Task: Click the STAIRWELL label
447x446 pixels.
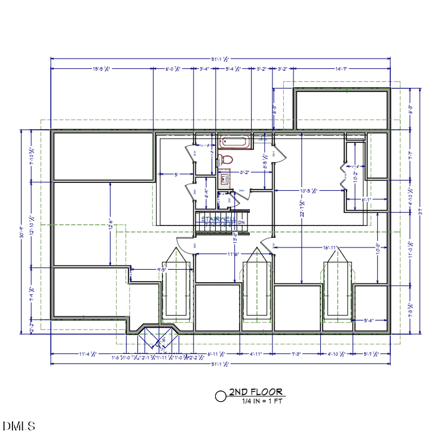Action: (218, 219)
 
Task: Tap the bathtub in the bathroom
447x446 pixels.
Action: (236, 142)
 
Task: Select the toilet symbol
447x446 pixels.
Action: (225, 160)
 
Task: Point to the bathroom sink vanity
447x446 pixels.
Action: (224, 178)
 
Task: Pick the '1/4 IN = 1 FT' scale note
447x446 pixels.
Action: (263, 401)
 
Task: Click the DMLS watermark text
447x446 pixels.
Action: (19, 426)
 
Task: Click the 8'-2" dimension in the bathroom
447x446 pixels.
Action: (244, 172)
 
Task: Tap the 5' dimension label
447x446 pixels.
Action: (176, 175)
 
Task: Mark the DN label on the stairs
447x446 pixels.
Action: (242, 222)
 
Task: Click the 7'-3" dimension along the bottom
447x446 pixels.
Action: (296, 354)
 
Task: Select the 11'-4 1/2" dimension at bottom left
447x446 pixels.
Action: (87, 354)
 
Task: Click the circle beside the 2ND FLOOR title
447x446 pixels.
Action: (221, 395)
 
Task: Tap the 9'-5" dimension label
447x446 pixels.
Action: (161, 270)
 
